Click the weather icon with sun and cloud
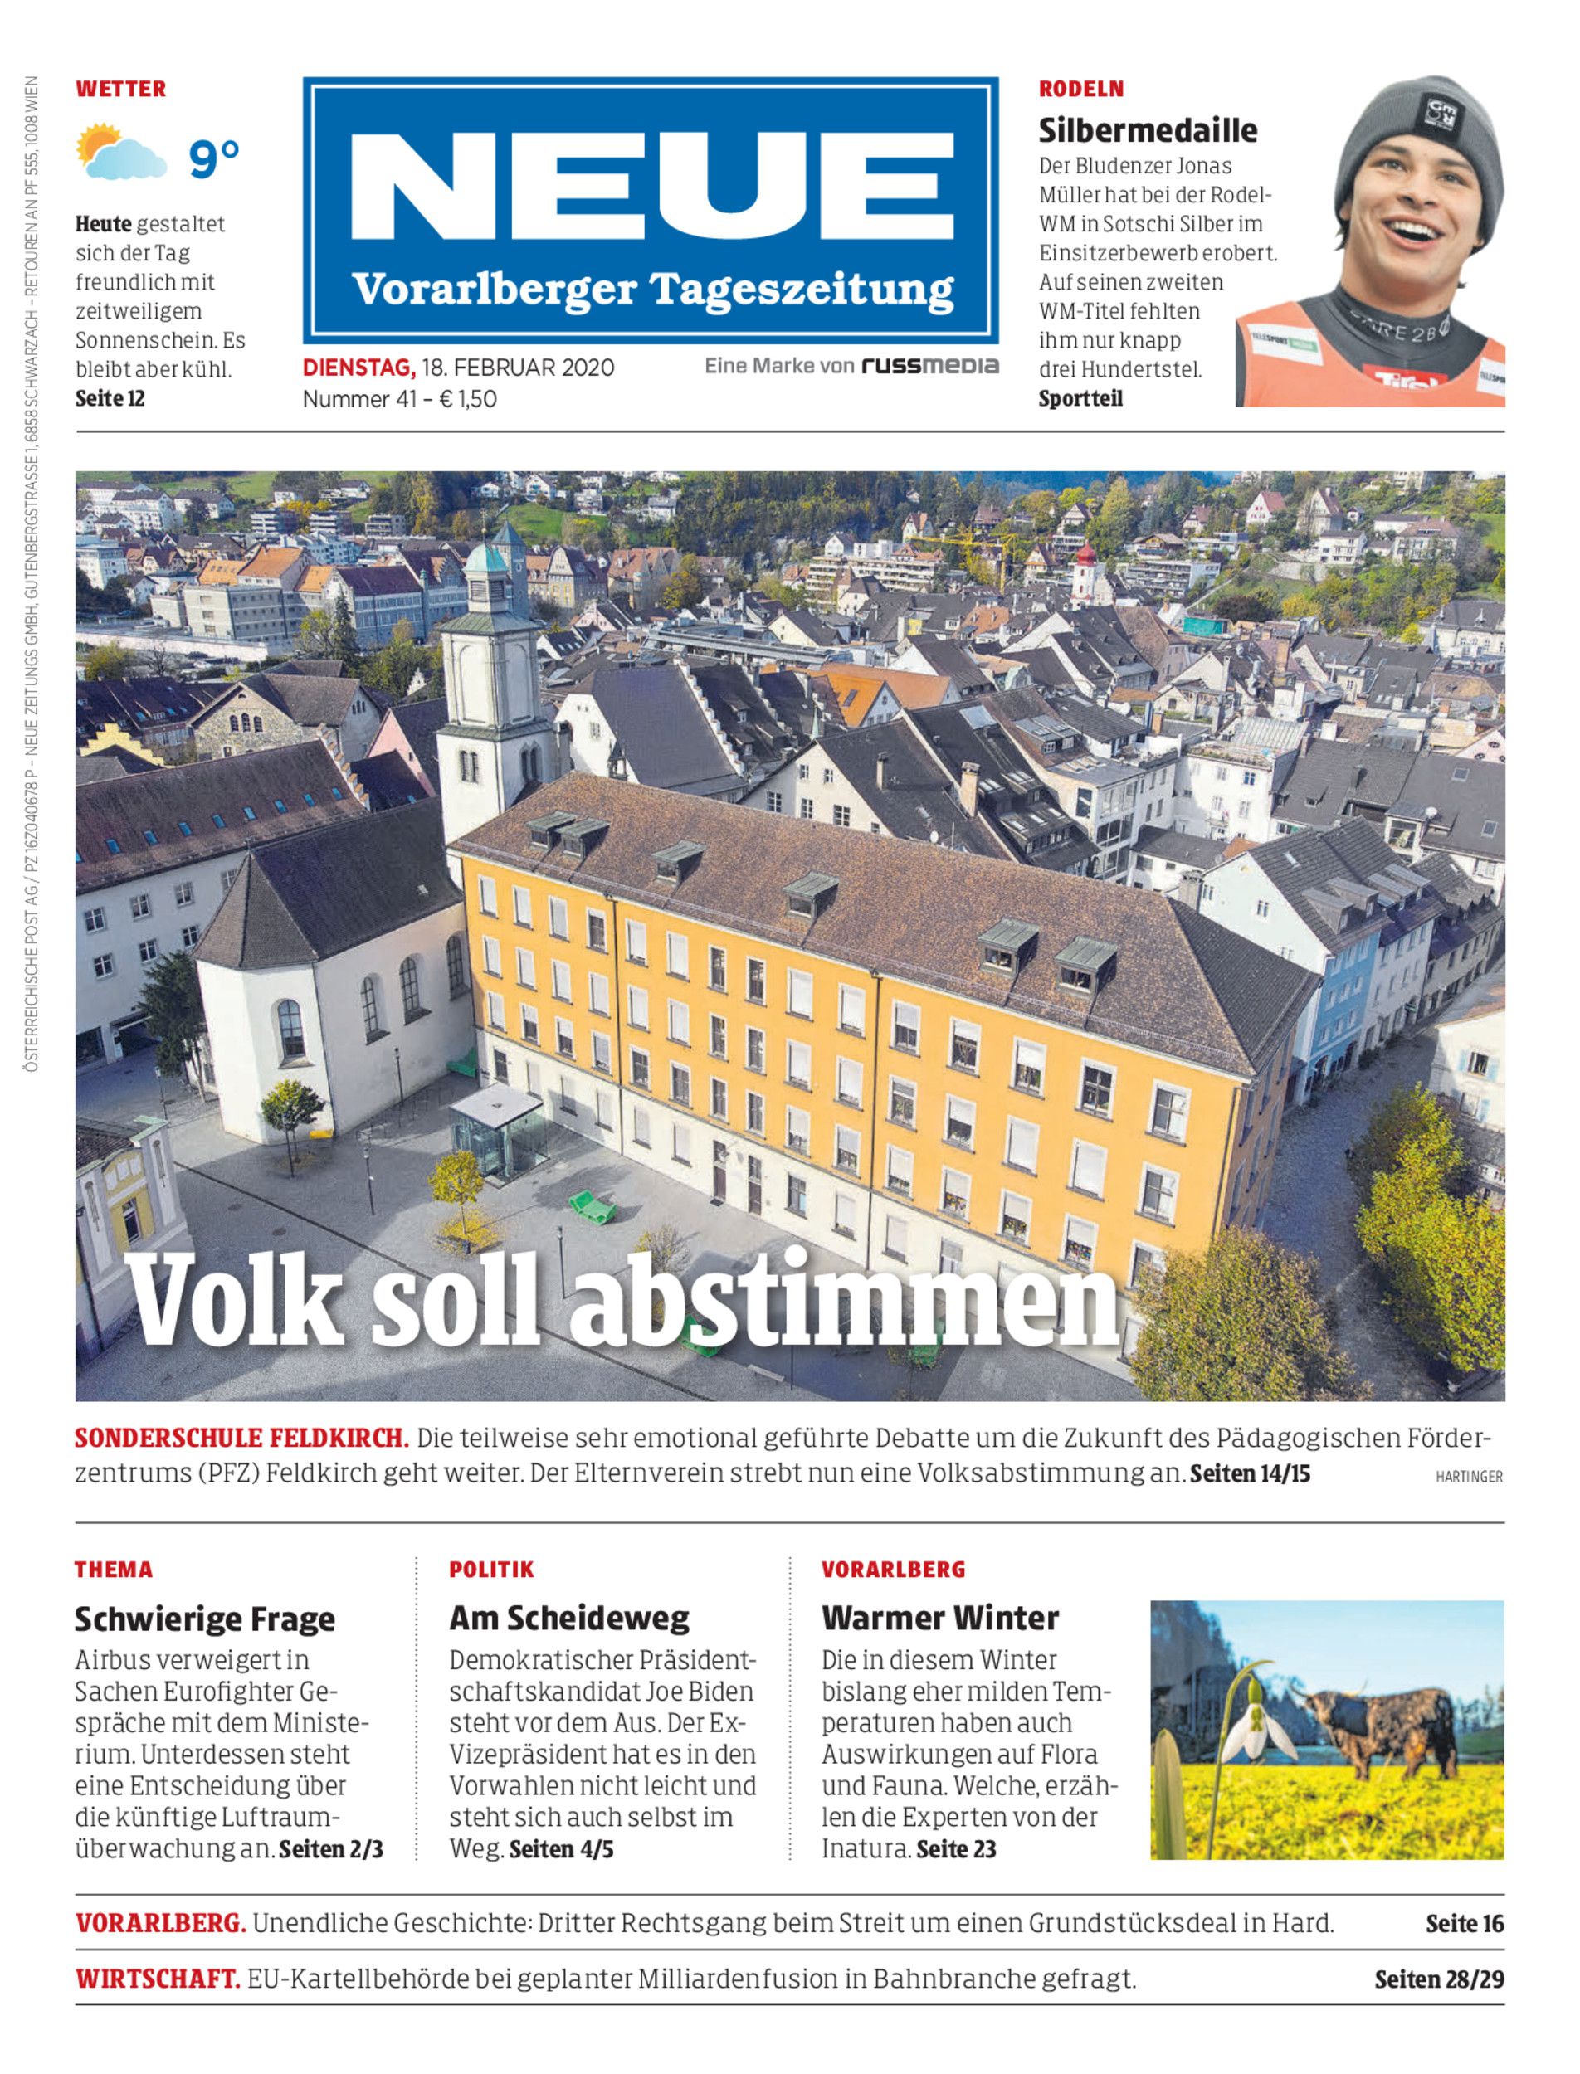[x=120, y=153]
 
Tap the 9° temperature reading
[x=214, y=157]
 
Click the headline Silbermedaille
[x=1148, y=129]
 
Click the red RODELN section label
[x=1080, y=90]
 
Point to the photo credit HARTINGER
[x=1469, y=1477]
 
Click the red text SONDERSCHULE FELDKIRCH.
[x=241, y=1439]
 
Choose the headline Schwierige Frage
[x=204, y=1619]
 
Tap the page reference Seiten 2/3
[x=331, y=1848]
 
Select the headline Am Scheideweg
[x=569, y=1618]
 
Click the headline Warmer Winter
[x=939, y=1618]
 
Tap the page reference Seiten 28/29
[x=1439, y=1979]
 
